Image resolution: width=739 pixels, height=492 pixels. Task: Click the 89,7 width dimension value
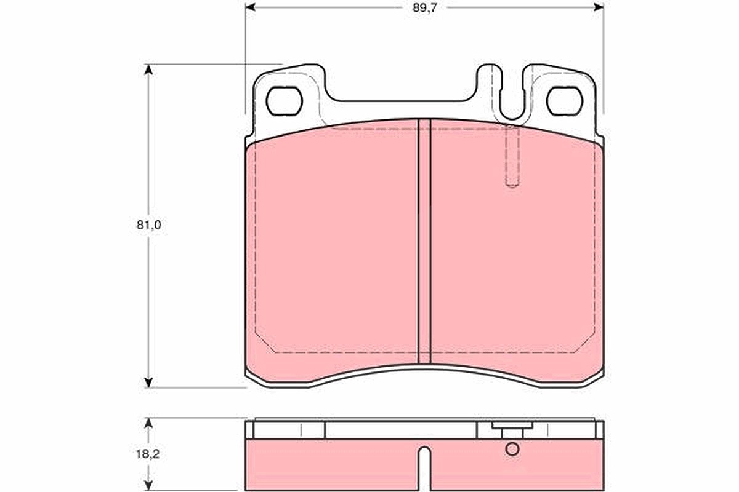coord(424,8)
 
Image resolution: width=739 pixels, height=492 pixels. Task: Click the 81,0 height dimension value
coord(149,225)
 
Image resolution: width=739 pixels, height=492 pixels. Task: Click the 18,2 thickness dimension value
coord(148,454)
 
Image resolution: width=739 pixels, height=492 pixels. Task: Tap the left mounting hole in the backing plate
coord(284,101)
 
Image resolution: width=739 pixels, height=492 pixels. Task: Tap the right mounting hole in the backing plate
coord(565,101)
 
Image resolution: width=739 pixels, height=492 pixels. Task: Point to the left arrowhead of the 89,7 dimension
coord(251,7)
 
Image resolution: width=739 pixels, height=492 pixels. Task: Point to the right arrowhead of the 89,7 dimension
coord(599,7)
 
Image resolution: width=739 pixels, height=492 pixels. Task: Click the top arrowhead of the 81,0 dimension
coord(148,69)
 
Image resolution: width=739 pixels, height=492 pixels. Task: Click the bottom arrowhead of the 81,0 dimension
coord(148,383)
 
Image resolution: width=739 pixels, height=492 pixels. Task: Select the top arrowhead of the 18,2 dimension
coord(148,423)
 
